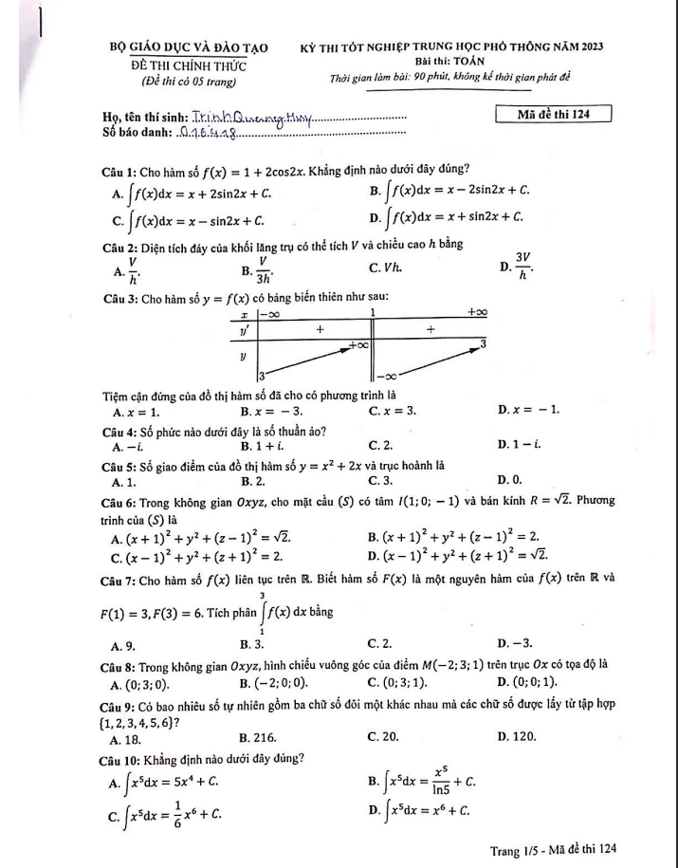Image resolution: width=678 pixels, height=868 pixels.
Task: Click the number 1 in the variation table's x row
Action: point(373,312)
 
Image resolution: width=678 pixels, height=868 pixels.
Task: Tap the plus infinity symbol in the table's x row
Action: point(477,312)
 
